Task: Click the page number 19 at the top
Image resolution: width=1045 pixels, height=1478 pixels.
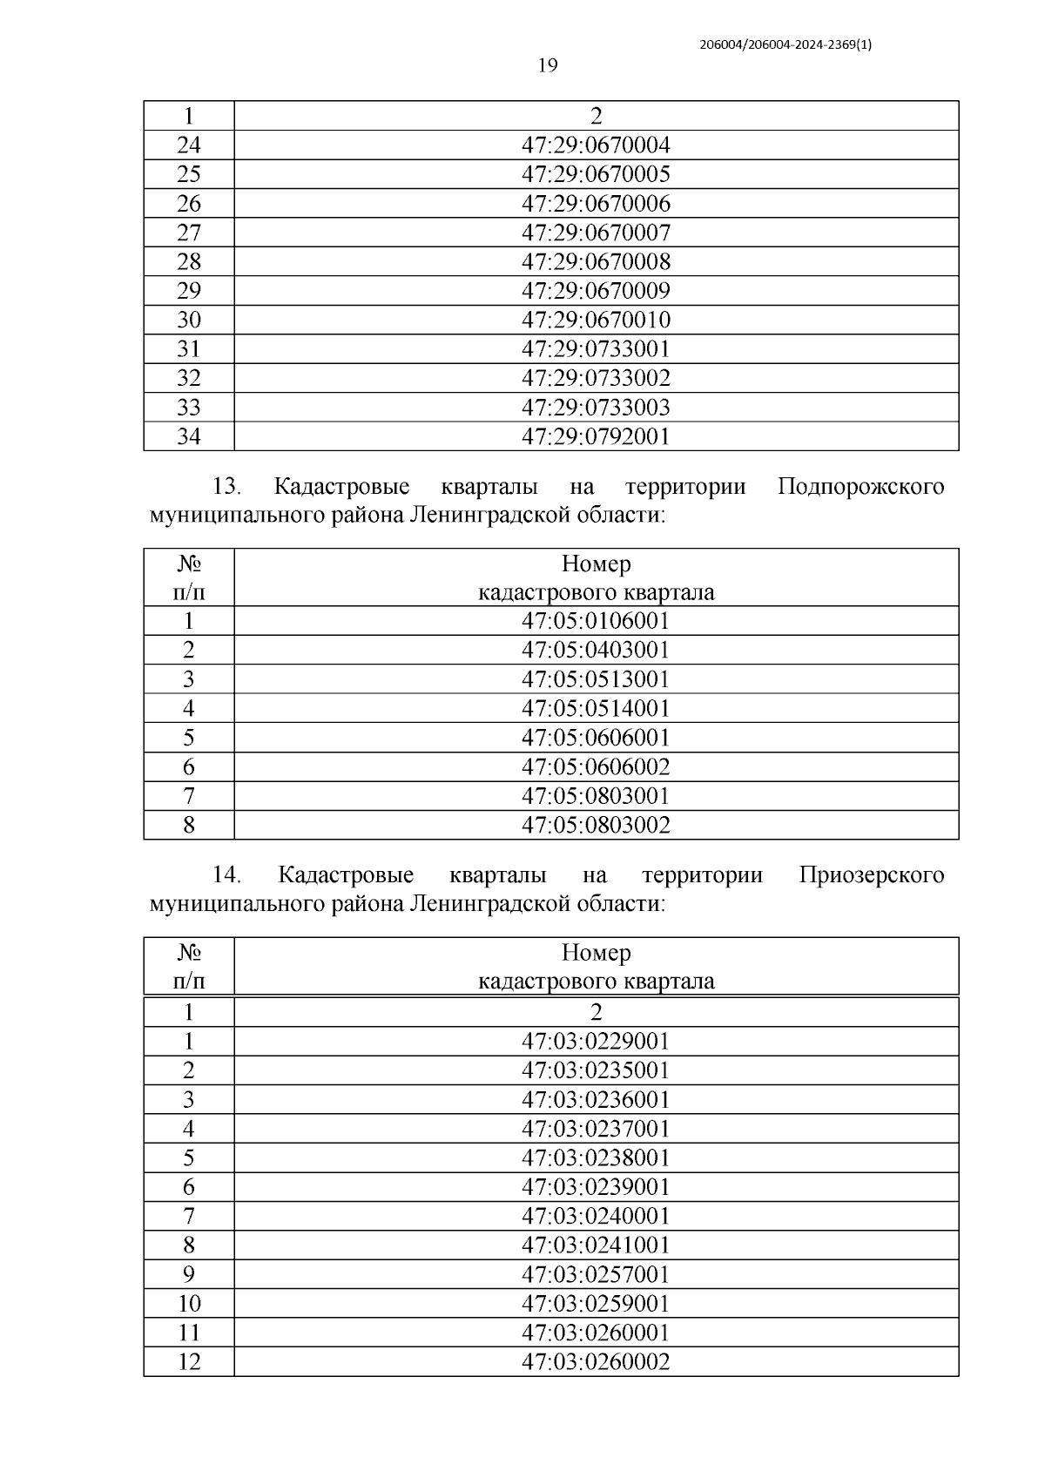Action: coord(547,66)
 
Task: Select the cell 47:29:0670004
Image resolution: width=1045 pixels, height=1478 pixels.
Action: coord(596,145)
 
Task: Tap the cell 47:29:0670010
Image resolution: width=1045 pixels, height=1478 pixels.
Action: coord(596,320)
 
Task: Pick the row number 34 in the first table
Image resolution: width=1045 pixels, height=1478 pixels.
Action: coord(188,436)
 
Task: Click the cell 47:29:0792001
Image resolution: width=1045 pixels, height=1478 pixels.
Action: coord(596,436)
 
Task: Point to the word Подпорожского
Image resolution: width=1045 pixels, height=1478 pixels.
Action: coord(860,486)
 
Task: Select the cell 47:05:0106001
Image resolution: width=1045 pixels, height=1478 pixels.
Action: coord(596,621)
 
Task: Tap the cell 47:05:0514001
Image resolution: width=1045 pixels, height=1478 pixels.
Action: coord(596,708)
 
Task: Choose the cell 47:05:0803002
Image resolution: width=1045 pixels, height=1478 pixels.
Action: coord(596,825)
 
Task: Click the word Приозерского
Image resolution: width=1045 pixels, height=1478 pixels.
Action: coord(871,874)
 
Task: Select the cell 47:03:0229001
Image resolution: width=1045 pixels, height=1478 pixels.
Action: coord(596,1042)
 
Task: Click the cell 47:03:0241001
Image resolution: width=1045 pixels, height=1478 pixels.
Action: coord(596,1245)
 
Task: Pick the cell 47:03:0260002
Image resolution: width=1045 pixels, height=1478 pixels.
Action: coord(596,1362)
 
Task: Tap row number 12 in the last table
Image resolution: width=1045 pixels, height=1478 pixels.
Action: coord(188,1362)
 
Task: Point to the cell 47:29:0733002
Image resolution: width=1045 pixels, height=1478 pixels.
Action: coord(596,378)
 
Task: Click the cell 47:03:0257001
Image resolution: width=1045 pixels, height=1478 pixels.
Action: coord(596,1275)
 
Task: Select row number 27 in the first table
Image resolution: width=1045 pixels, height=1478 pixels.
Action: coord(188,233)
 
